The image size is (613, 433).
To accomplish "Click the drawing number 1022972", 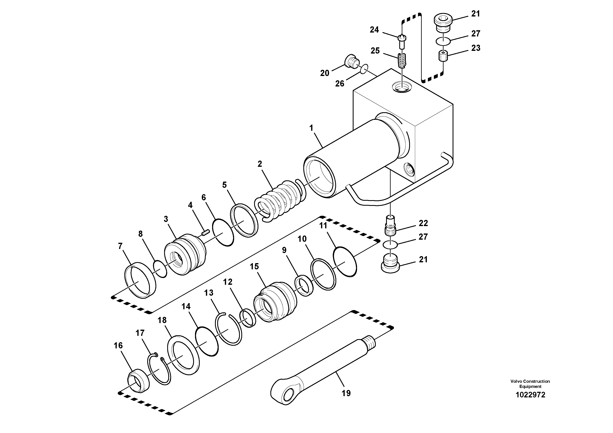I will point(530,395).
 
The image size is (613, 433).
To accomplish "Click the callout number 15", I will point(254,266).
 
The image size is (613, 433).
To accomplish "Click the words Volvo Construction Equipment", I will point(530,384).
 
